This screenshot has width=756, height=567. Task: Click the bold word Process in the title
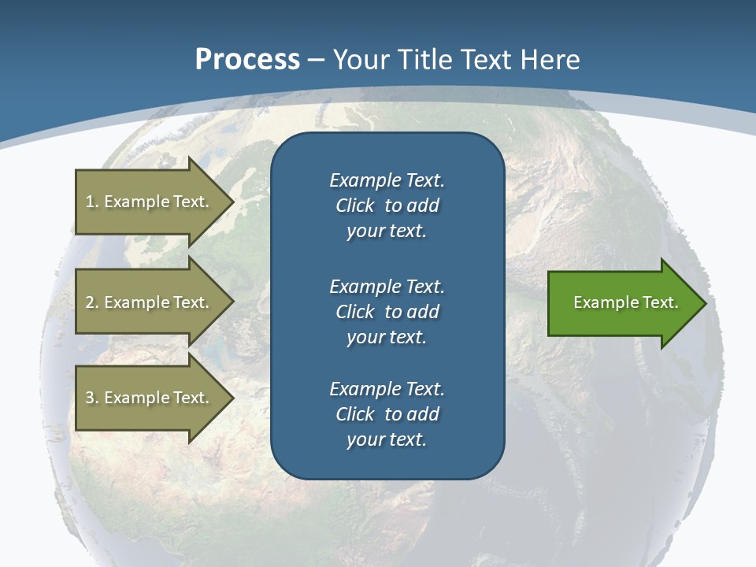pos(247,60)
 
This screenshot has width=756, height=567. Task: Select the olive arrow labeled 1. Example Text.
pos(150,202)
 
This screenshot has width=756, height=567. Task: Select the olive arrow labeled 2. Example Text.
pos(150,302)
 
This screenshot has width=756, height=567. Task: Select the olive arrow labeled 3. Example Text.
pos(150,398)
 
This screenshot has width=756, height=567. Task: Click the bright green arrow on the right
pos(622,302)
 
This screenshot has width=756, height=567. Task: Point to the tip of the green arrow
pos(705,303)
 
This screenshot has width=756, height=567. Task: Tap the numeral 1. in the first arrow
pos(92,202)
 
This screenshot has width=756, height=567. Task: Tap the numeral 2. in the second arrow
pos(92,302)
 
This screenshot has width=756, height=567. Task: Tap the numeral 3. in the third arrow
pos(92,398)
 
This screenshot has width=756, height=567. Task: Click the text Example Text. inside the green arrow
pos(625,302)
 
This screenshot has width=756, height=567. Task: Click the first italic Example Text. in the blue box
pos(387,180)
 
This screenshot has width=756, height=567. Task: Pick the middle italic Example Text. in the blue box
pos(387,286)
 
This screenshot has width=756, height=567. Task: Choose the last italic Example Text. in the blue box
pos(387,389)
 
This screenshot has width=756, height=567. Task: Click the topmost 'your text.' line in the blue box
pos(387,232)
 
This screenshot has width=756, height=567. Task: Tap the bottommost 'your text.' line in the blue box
pos(387,440)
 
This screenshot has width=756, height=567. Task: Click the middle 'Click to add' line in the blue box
pos(387,312)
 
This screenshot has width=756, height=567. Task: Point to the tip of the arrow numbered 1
pos(233,202)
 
